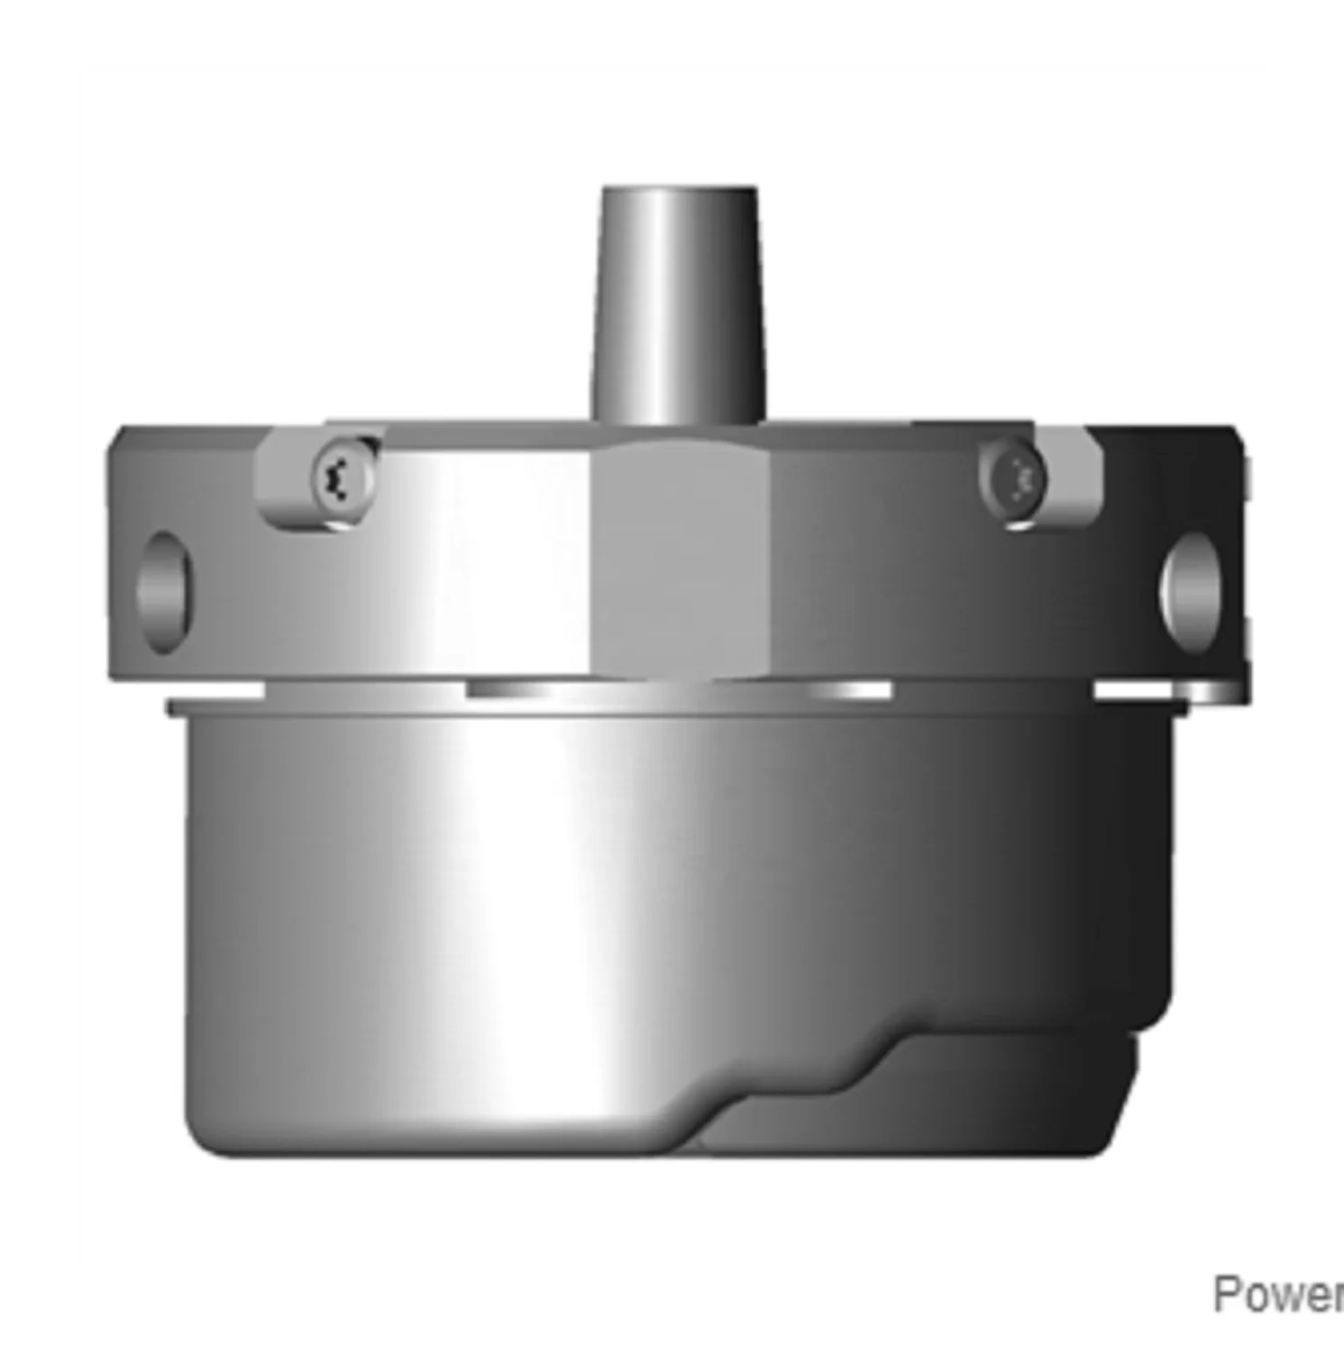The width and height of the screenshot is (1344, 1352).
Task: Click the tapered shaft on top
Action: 677,306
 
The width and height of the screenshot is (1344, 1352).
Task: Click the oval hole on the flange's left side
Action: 165,591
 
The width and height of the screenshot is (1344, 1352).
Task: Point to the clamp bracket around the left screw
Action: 297,505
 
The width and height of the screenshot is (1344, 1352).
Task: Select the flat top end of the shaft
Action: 679,192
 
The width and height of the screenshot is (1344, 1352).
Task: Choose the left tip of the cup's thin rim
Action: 170,707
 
